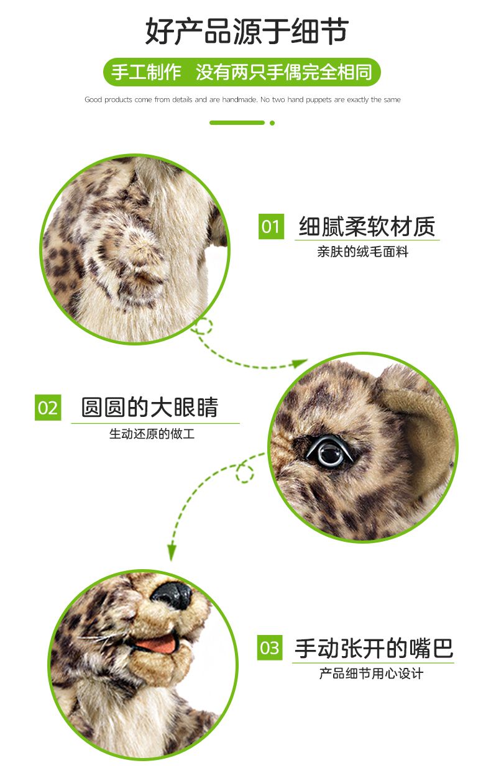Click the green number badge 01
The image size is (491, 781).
[271, 226]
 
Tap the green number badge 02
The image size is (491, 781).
[48, 407]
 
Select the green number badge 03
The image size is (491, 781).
[270, 647]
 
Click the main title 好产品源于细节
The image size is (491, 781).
[247, 31]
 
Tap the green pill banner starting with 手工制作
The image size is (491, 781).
[242, 72]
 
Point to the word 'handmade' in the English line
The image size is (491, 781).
[239, 99]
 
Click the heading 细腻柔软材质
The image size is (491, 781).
[367, 226]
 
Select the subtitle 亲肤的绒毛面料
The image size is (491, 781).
[363, 252]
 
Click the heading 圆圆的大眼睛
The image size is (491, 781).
[150, 407]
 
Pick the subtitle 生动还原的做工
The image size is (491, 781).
[152, 434]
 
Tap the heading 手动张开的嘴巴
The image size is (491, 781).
[374, 648]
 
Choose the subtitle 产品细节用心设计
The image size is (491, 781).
[371, 674]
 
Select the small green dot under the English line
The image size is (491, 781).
[272, 123]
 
